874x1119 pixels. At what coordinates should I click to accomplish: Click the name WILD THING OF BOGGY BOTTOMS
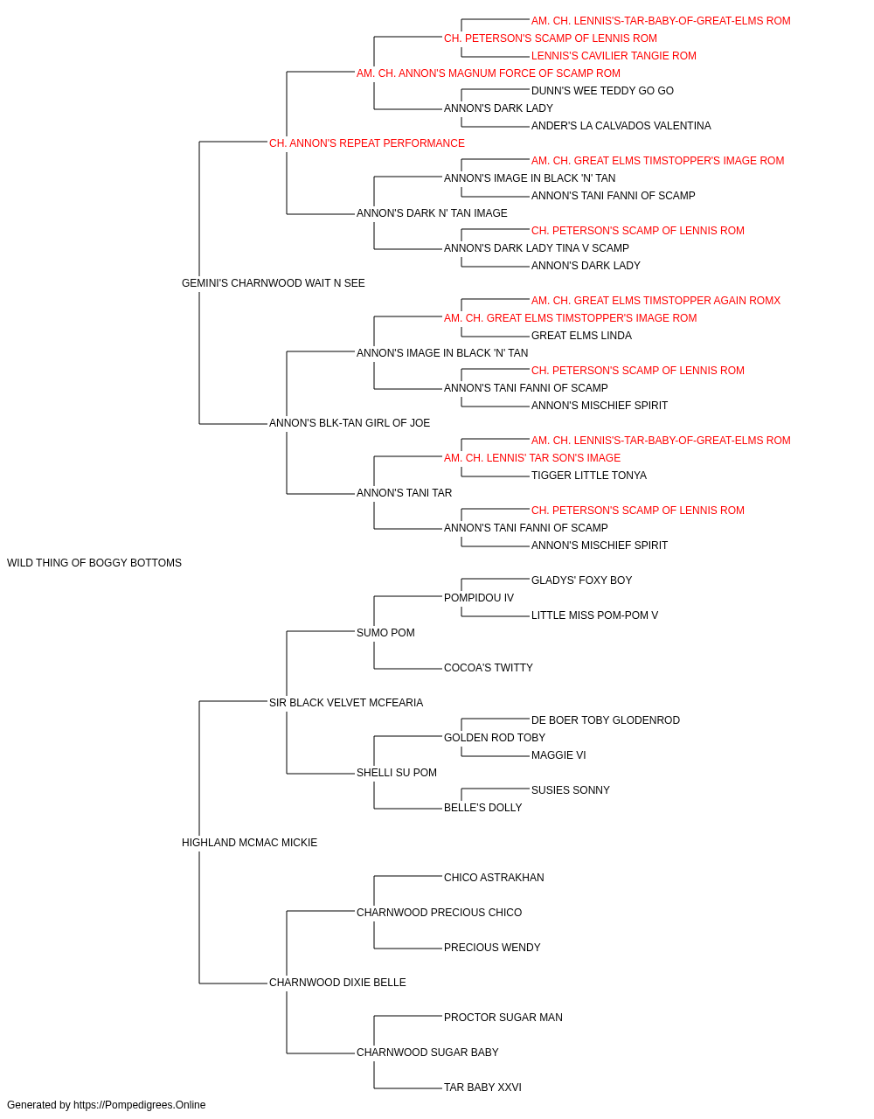tap(94, 563)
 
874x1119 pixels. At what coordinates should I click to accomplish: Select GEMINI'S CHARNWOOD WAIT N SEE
tap(274, 283)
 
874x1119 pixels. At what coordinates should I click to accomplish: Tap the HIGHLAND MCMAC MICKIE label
tap(250, 843)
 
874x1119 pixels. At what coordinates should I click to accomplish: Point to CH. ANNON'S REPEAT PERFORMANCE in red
tap(367, 143)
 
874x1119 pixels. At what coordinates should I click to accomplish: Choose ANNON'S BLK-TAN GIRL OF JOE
tap(350, 423)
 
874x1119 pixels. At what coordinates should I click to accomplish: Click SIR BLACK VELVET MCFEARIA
tap(346, 703)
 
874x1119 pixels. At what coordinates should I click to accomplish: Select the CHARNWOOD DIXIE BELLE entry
tap(337, 983)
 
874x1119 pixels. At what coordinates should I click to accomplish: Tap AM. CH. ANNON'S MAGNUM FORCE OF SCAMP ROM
tap(489, 73)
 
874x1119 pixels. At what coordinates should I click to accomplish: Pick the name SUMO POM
tap(385, 633)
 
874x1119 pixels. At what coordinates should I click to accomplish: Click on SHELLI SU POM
tap(397, 773)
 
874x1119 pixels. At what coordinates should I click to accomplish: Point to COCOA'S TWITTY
tap(489, 668)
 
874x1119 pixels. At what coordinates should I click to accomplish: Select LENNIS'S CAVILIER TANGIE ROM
tap(614, 56)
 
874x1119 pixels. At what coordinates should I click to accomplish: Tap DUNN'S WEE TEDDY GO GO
tap(602, 91)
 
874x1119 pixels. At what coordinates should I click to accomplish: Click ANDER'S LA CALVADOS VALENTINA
tap(621, 126)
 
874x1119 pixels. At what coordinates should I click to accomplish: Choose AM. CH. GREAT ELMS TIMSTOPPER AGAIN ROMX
tap(655, 301)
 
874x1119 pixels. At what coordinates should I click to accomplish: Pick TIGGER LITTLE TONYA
tap(589, 476)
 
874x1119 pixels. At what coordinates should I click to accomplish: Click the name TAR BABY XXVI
tap(482, 1088)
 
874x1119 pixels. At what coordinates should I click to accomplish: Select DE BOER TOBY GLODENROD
tap(606, 720)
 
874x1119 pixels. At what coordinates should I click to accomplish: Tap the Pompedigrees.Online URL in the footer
tap(140, 1105)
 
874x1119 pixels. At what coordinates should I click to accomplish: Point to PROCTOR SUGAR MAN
tap(503, 1018)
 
